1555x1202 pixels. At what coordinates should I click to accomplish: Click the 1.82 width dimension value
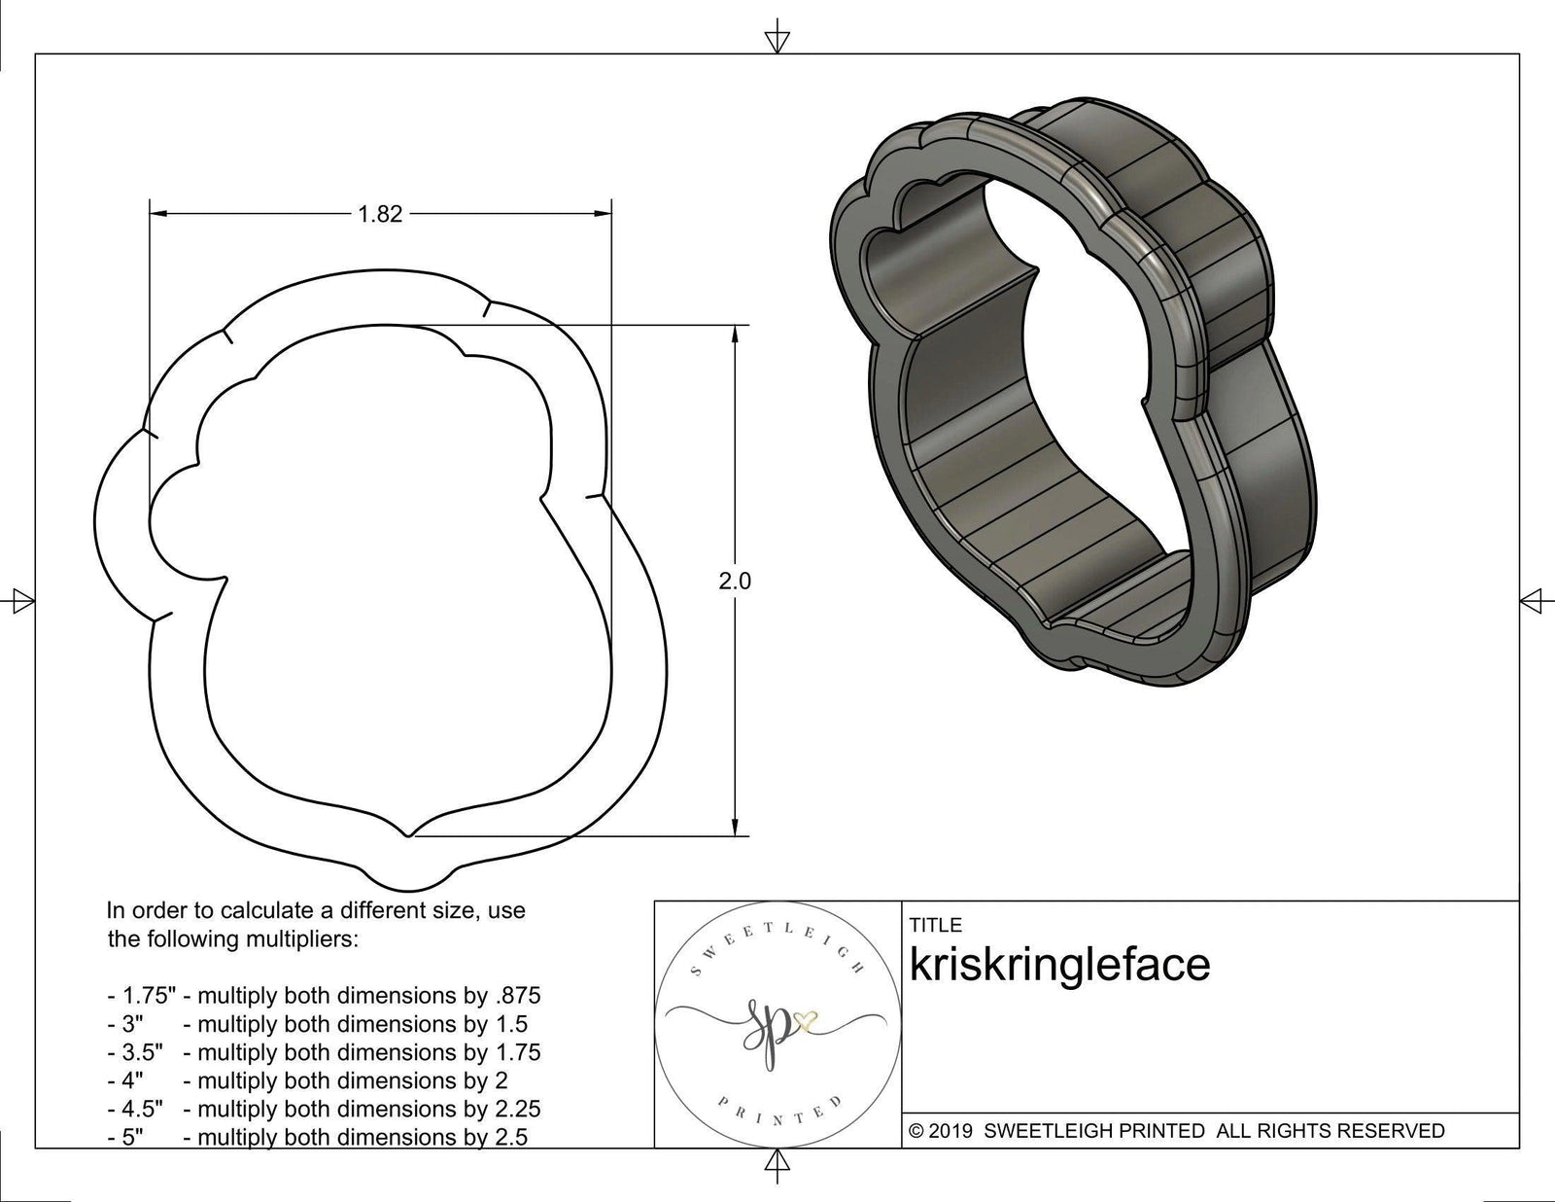click(380, 214)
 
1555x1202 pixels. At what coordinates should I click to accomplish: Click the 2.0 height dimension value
click(735, 582)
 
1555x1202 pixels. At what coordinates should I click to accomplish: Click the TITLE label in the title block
click(935, 925)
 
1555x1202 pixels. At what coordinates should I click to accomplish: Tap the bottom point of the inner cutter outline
click(408, 834)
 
